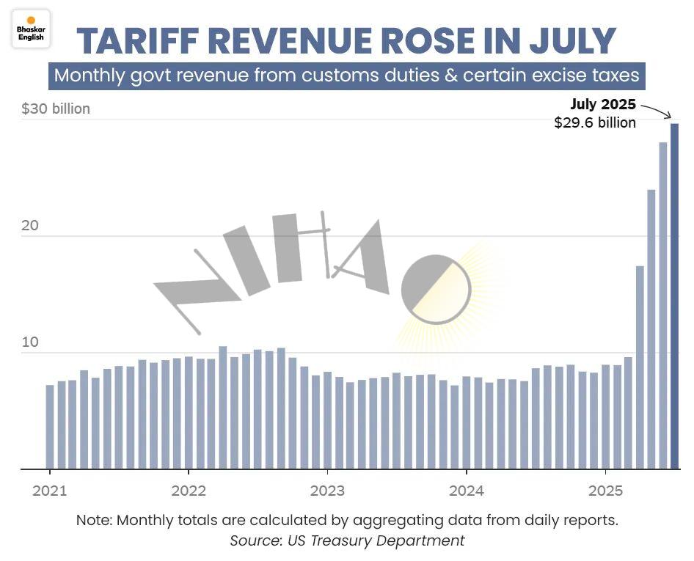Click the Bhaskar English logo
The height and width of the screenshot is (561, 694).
(31, 28)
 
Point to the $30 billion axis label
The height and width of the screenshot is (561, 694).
(56, 109)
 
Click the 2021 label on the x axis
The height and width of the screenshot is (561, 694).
(49, 491)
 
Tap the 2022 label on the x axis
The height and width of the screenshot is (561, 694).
(189, 491)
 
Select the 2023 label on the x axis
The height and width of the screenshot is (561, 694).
(327, 491)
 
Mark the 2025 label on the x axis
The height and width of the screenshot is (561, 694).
(605, 491)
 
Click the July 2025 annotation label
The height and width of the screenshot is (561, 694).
(603, 105)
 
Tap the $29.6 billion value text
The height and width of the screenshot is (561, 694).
(595, 122)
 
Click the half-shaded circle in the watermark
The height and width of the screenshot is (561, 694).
(436, 290)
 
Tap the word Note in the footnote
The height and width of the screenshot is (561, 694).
(94, 521)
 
